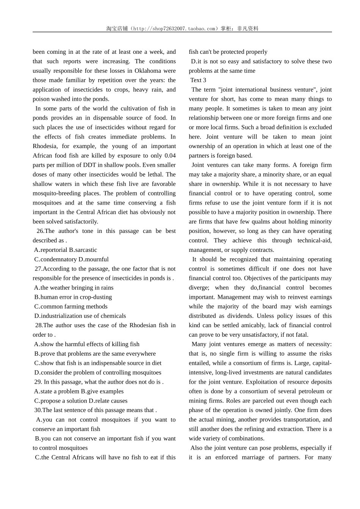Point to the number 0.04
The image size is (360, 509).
click(170, 156)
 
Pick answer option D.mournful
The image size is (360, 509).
click(94, 259)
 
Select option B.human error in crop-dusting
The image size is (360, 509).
click(73, 297)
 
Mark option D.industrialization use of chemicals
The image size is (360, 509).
click(80, 316)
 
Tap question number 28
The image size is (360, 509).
click(39, 325)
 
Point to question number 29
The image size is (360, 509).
click(38, 382)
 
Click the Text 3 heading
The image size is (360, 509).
click(198, 80)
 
